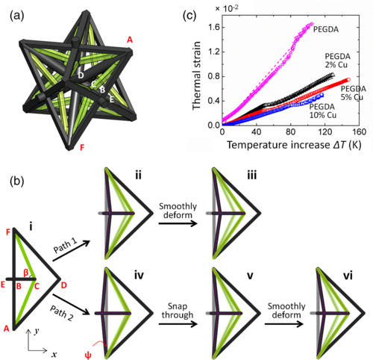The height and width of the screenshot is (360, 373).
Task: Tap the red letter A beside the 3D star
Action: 130,40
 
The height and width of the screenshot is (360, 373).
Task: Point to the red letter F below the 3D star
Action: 82,148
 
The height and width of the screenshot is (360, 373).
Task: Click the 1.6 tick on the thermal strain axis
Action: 213,27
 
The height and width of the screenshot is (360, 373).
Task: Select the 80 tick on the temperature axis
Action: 290,131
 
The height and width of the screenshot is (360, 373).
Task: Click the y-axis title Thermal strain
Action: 196,75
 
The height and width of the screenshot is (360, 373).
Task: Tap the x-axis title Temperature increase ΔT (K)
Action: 294,145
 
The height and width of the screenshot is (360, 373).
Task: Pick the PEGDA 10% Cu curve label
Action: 323,111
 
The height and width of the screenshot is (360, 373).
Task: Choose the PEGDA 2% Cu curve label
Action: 337,60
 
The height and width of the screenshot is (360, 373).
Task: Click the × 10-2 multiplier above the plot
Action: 227,8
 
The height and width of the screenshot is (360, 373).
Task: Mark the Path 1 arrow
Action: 71,251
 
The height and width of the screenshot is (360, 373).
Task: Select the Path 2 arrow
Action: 71,305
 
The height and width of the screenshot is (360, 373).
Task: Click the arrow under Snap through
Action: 178,324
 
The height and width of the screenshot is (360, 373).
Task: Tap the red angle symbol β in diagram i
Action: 26,273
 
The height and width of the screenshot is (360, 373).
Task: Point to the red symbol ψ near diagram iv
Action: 88,355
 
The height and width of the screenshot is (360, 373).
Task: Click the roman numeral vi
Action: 348,276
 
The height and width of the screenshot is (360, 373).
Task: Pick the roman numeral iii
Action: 251,175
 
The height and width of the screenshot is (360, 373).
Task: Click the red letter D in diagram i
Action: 64,285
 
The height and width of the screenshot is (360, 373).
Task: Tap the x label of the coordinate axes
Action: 54,354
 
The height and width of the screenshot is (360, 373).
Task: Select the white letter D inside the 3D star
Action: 81,75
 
